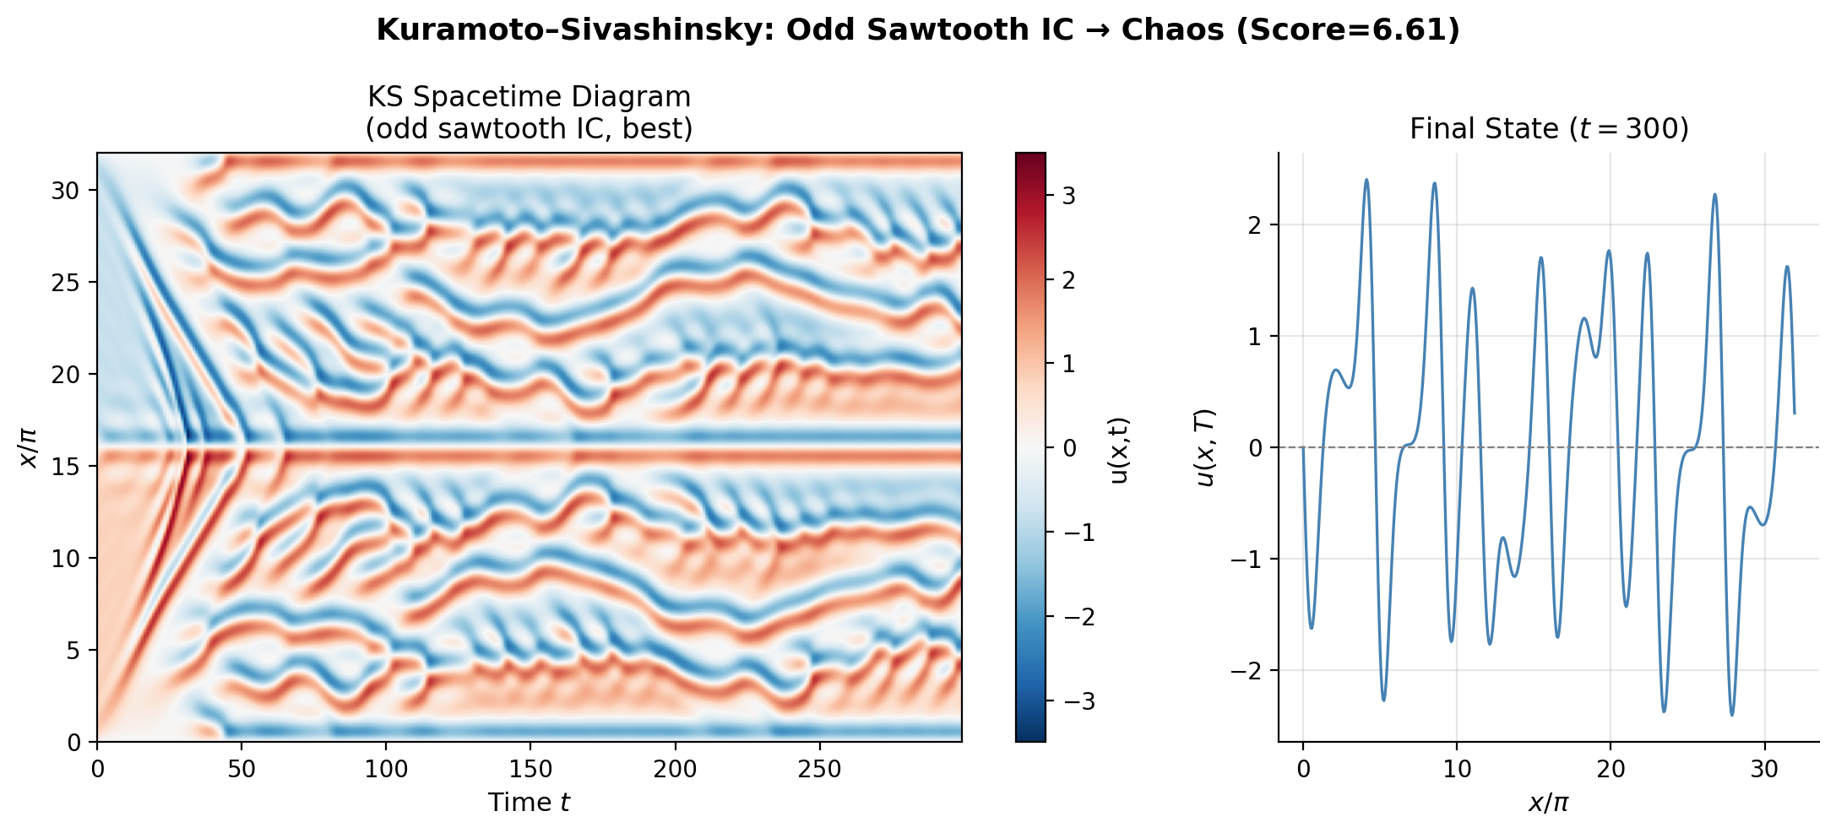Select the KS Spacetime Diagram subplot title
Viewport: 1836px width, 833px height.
pyautogui.click(x=530, y=97)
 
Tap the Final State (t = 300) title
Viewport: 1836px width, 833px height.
pyautogui.click(x=1549, y=129)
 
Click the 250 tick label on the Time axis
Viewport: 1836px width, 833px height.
pyautogui.click(x=818, y=769)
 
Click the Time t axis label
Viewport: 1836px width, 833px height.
pyautogui.click(x=530, y=802)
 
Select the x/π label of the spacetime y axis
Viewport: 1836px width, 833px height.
pyautogui.click(x=29, y=447)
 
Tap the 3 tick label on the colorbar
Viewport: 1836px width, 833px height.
pyautogui.click(x=1068, y=196)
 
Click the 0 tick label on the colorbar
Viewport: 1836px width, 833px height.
pyautogui.click(x=1068, y=448)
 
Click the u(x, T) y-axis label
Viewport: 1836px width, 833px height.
pyautogui.click(x=1205, y=447)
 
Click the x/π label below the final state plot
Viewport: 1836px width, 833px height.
pyautogui.click(x=1548, y=802)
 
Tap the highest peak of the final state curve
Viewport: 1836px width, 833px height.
pyautogui.click(x=1366, y=179)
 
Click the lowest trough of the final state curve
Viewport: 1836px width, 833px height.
pyautogui.click(x=1731, y=716)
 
